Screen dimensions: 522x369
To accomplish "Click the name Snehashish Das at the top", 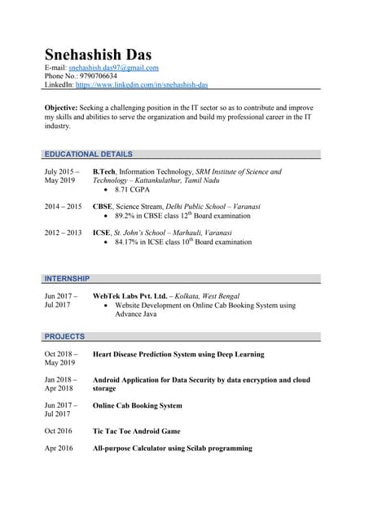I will [98, 55].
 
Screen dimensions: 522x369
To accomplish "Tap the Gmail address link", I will [113, 68].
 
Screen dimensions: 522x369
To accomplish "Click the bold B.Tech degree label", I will [103, 172].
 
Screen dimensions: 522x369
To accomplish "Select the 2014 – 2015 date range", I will [63, 207].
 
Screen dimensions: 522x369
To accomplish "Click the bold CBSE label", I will [103, 207].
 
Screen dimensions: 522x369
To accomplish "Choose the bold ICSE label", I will [102, 232].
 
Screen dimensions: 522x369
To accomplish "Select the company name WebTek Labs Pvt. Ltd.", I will [130, 296].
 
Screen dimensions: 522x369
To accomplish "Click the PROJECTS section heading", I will [64, 336].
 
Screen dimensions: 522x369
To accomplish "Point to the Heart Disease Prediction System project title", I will [178, 355].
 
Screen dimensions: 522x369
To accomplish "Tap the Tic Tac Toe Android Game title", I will [137, 431].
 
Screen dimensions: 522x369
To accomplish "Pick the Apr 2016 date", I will [59, 449].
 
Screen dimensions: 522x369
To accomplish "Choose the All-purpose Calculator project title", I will [173, 449].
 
